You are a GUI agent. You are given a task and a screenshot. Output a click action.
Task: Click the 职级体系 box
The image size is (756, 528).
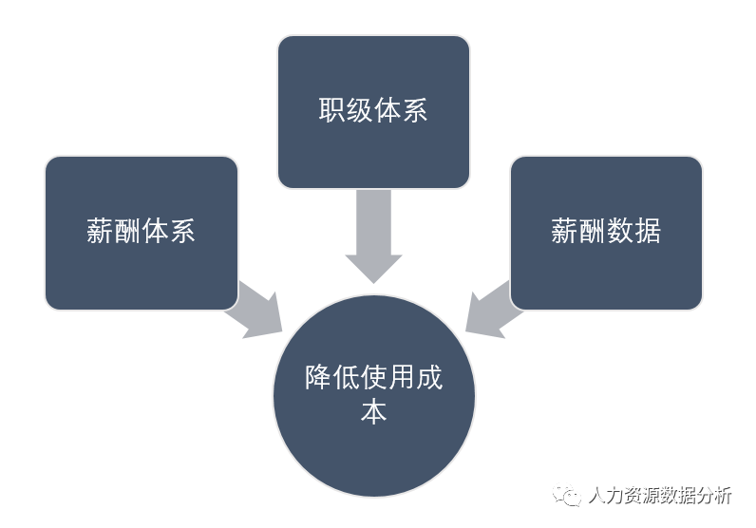[373, 111]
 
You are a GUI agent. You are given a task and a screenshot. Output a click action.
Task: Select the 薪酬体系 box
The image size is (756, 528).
[141, 233]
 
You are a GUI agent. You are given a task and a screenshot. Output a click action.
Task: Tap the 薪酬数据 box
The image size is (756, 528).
[606, 233]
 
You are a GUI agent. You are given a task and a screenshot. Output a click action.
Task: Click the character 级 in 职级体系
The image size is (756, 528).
[360, 110]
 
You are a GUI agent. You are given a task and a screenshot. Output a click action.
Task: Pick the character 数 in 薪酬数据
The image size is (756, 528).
[620, 232]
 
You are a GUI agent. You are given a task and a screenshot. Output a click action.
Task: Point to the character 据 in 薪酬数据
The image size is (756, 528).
[648, 232]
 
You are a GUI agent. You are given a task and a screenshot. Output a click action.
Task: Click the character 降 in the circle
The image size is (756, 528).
[318, 378]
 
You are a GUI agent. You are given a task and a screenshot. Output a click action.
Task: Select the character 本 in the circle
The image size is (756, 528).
[373, 413]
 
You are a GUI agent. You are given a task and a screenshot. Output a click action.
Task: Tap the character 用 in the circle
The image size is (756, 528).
[401, 378]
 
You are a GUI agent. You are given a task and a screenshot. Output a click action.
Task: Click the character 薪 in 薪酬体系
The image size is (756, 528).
[100, 232]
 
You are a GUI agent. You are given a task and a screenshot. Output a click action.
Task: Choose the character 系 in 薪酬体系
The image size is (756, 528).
[182, 232]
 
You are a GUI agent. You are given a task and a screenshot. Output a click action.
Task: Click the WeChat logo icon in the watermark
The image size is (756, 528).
[570, 496]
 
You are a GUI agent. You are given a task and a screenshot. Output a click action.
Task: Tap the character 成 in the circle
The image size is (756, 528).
[429, 378]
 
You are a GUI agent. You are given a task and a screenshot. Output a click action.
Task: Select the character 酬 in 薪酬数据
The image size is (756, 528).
[593, 232]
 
